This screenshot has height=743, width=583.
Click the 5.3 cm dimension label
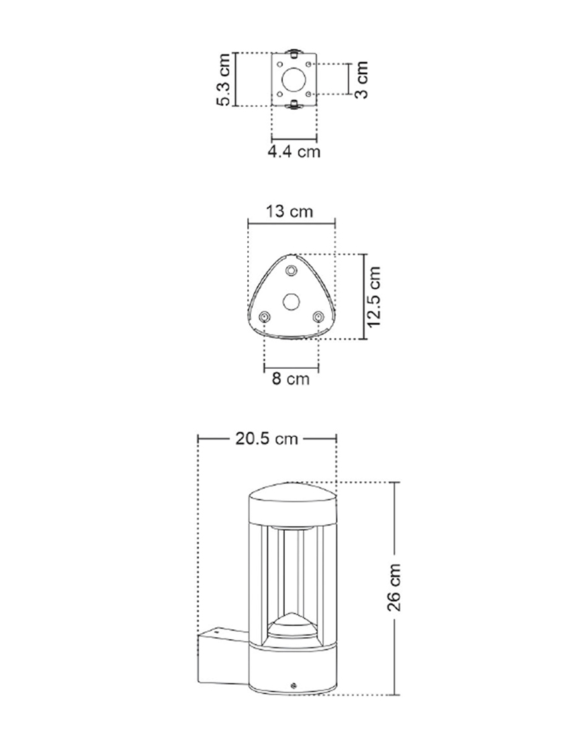pos(223,79)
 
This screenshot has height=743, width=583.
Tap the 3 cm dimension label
pos(361,79)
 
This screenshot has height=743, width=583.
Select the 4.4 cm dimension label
pos(294,152)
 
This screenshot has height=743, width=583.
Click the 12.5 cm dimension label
pos(375,296)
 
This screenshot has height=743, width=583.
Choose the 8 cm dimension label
pos(291,379)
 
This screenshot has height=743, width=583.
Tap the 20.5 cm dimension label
pos(267,439)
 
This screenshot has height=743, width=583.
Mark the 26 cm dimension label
pos(395,588)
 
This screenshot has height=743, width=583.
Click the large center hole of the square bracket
pos(294,79)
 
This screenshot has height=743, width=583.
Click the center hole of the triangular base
pos(291,301)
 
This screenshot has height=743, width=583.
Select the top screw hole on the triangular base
pos(291,270)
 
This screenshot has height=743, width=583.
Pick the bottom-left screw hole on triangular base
pos(265,317)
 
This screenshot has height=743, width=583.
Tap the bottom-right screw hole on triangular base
pos(318,317)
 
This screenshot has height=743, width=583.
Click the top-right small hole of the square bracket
pos(310,63)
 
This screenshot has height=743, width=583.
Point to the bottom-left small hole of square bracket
pos(279,94)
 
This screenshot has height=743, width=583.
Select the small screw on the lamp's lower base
pos(293,685)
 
